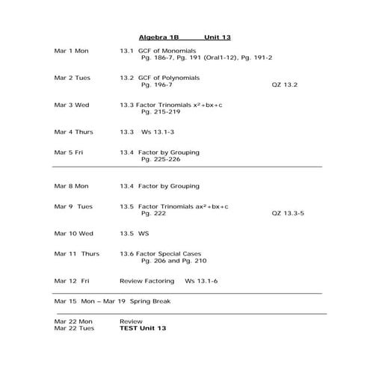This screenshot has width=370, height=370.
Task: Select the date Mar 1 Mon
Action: tap(72, 50)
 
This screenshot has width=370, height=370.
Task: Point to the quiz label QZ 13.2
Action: tap(285, 84)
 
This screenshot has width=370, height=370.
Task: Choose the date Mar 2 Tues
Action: tap(73, 77)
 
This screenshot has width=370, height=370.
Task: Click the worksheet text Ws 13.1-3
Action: tap(158, 132)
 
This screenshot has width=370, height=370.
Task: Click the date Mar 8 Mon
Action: tap(72, 185)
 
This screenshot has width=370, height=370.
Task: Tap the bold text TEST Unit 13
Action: tap(143, 328)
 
